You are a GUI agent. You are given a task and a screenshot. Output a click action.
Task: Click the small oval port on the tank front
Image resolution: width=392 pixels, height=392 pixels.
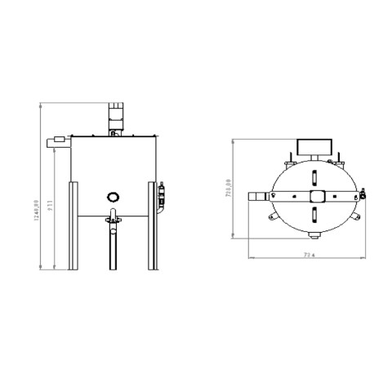tap(113, 196)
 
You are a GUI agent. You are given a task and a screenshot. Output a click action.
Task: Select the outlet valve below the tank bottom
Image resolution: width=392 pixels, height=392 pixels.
tap(113, 221)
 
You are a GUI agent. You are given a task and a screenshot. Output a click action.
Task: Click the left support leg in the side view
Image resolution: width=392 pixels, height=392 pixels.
tap(74, 226)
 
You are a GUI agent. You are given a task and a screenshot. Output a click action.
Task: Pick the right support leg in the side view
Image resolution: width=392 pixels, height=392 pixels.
tap(151, 226)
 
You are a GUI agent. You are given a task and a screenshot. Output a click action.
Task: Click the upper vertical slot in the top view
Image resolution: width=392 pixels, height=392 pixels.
tap(314, 176)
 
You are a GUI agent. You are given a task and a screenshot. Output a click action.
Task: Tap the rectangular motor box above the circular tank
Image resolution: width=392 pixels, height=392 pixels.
tap(314, 147)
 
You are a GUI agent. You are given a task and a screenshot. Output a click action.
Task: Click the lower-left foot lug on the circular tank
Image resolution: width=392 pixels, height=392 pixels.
tap(270, 222)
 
